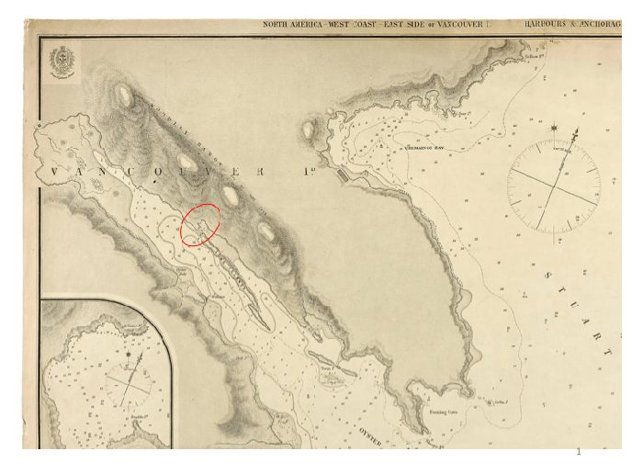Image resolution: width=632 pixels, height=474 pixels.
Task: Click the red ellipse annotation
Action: point(200,224)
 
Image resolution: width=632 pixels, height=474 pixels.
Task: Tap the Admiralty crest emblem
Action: point(62,62)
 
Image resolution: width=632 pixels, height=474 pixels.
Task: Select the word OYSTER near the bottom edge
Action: point(370,431)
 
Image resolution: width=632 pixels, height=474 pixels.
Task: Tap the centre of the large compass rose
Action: point(555,186)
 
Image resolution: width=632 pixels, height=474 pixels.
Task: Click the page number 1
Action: point(579,451)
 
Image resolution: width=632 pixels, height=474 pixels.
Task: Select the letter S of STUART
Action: point(549,275)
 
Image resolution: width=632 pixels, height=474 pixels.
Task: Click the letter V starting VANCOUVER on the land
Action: point(55,172)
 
